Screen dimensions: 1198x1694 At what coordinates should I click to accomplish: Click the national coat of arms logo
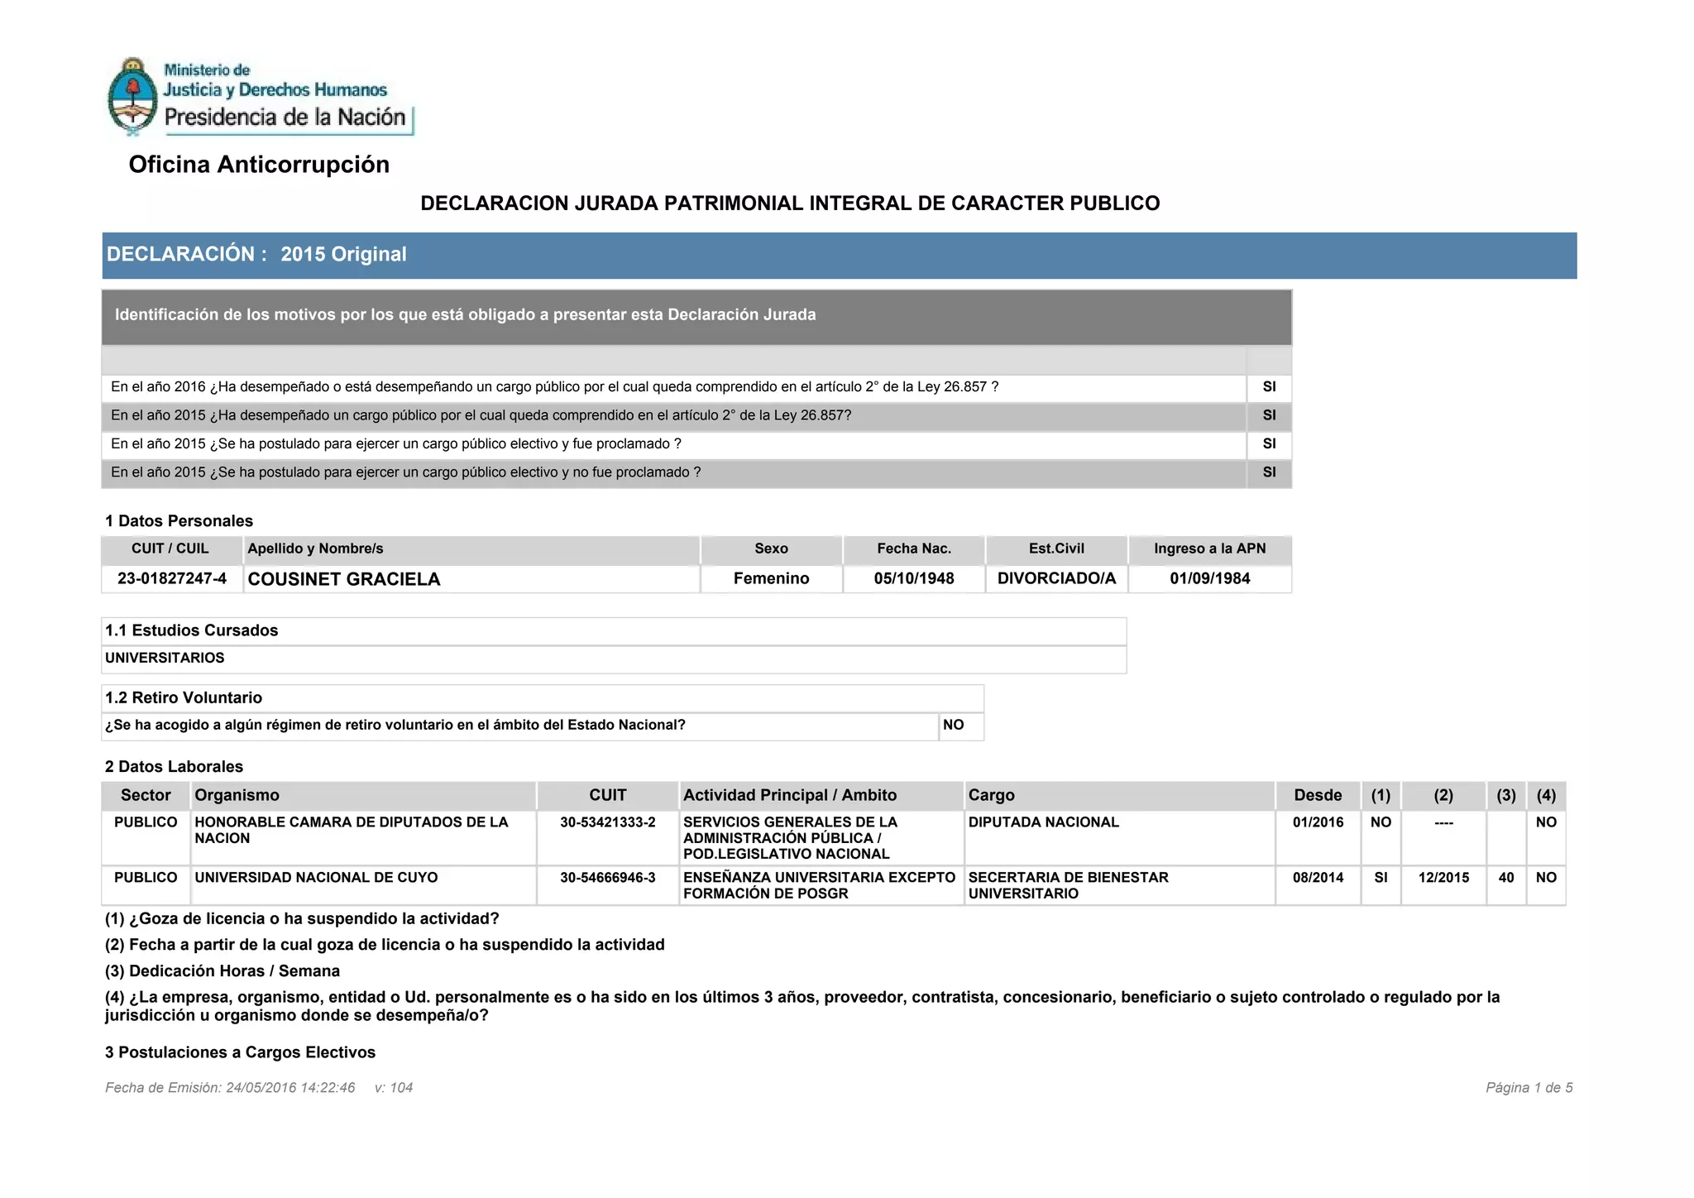[132, 96]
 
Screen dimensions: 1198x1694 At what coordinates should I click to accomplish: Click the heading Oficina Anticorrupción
[259, 165]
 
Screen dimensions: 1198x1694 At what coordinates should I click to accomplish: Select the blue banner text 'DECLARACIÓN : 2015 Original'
[256, 255]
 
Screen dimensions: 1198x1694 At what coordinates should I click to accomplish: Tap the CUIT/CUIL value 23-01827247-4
[172, 578]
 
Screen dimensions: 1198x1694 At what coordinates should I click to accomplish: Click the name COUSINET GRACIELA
[344, 579]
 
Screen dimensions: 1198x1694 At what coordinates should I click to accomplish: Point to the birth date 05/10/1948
[914, 578]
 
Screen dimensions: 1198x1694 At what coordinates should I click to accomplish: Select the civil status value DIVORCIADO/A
[1056, 578]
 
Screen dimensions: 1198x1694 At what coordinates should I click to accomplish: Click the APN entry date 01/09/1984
[1209, 578]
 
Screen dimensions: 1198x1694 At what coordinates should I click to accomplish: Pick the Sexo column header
[771, 549]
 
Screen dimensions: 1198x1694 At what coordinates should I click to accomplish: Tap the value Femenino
[771, 578]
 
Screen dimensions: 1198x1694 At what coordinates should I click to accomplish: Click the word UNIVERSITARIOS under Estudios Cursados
[165, 658]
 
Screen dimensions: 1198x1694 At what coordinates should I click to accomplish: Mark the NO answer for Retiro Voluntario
[954, 725]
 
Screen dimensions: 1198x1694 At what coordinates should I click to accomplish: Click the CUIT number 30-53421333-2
[607, 822]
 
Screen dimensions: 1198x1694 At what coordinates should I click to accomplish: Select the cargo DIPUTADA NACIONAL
[1043, 822]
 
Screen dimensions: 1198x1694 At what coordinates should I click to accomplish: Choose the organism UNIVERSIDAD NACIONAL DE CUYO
[316, 878]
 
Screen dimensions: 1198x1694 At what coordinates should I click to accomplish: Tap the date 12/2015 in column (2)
[1443, 878]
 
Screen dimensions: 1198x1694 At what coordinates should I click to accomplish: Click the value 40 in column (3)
[1506, 878]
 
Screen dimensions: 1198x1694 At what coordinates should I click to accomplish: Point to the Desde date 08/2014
[1318, 878]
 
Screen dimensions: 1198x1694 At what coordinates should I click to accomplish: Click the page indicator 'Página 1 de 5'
[1529, 1088]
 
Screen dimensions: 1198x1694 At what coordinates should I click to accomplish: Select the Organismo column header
[237, 795]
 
